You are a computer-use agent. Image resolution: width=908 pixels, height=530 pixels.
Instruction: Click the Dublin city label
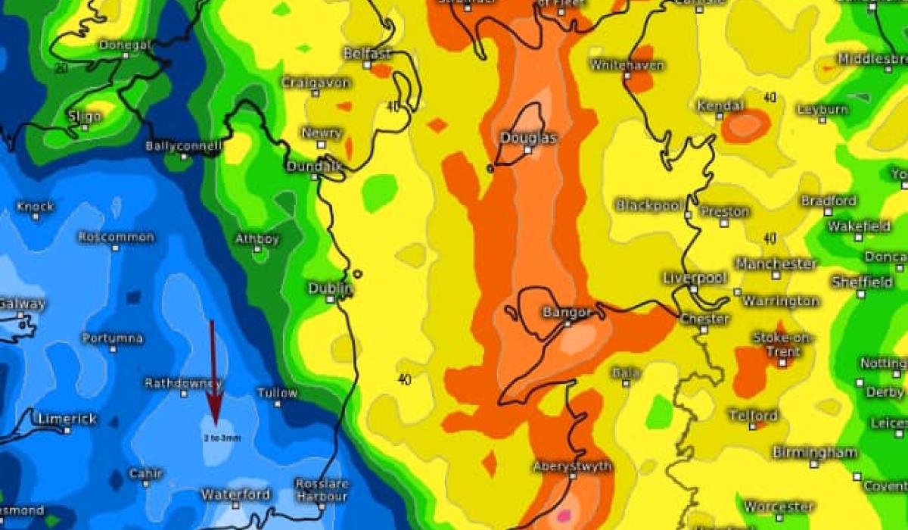[x=330, y=288]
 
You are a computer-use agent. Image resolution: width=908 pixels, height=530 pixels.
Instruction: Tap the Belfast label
[x=367, y=54]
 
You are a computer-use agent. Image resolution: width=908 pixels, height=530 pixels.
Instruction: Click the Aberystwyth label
[x=572, y=466]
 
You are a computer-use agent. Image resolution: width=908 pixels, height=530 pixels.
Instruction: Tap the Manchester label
[x=776, y=264]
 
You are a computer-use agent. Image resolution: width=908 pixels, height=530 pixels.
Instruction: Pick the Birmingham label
[x=814, y=453]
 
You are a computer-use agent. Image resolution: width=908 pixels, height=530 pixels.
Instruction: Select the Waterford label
[x=235, y=495]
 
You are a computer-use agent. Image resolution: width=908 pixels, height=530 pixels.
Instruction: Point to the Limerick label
[x=67, y=419]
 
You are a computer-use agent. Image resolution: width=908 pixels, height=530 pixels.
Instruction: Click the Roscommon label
[x=116, y=237]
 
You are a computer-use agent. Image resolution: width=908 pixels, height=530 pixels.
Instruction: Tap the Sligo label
[x=84, y=117]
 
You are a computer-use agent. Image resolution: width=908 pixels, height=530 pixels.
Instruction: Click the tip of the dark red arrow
[x=215, y=425]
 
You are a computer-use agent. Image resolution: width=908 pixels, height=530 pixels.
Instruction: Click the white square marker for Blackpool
[x=688, y=215]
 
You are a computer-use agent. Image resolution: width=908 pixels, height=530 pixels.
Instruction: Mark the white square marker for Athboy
[x=257, y=249]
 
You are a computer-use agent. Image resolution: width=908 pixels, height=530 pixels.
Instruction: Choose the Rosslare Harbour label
[x=321, y=489]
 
